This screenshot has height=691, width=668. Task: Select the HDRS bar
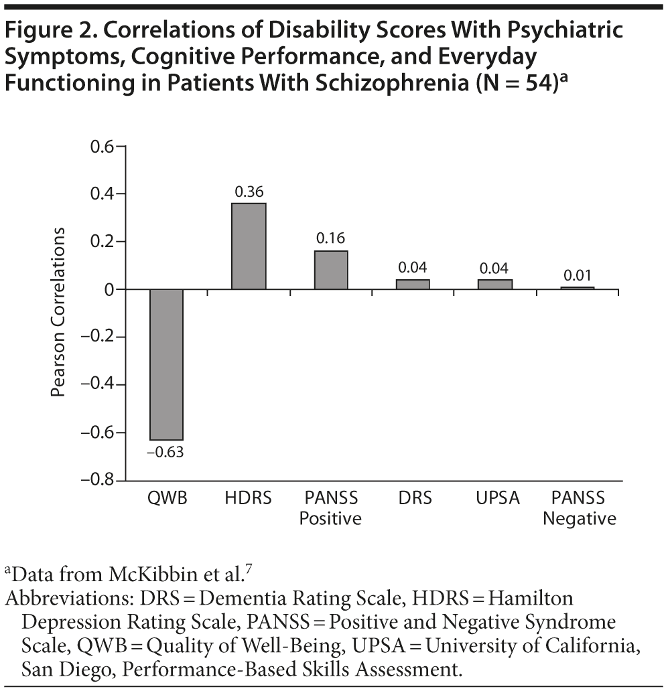click(x=249, y=246)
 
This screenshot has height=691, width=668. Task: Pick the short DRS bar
click(x=413, y=285)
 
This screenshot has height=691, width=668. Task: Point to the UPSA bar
click(x=496, y=285)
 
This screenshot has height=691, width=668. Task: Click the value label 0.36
click(x=249, y=191)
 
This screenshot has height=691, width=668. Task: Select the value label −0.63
click(x=165, y=451)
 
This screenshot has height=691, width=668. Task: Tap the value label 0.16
click(x=331, y=239)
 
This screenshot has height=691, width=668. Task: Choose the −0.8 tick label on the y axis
click(x=96, y=481)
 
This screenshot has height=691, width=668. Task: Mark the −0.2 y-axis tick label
click(x=96, y=337)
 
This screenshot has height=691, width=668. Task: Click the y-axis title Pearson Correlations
click(x=60, y=312)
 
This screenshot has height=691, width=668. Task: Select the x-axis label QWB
click(x=165, y=499)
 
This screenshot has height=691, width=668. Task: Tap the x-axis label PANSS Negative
click(x=578, y=508)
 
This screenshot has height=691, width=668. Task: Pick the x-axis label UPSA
click(x=496, y=499)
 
